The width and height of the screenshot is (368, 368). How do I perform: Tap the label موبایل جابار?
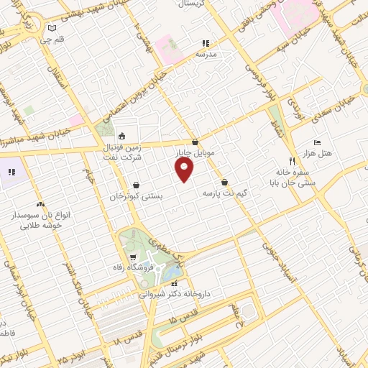[190, 153]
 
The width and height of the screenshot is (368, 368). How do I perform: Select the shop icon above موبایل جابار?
[195, 142]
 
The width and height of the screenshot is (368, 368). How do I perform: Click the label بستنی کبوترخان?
[137, 195]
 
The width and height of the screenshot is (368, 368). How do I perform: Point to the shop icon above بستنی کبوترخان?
[137, 185]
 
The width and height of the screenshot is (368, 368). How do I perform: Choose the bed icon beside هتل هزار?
[319, 143]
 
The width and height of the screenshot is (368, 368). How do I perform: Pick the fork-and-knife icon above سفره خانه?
[291, 161]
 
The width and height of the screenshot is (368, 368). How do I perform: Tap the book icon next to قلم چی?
[50, 29]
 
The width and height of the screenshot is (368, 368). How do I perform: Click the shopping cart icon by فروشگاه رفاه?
[132, 257]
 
